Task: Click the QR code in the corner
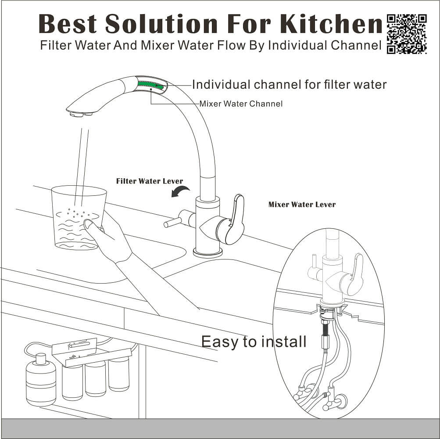407,34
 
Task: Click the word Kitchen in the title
331,24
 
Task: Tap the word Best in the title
68,24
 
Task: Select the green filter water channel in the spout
151,85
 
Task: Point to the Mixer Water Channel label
241,104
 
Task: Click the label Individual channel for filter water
289,85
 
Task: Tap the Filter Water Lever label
150,181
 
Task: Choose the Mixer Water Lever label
302,205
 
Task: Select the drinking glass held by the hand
79,218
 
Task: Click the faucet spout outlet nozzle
81,114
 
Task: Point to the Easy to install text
254,342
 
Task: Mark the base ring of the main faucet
207,253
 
